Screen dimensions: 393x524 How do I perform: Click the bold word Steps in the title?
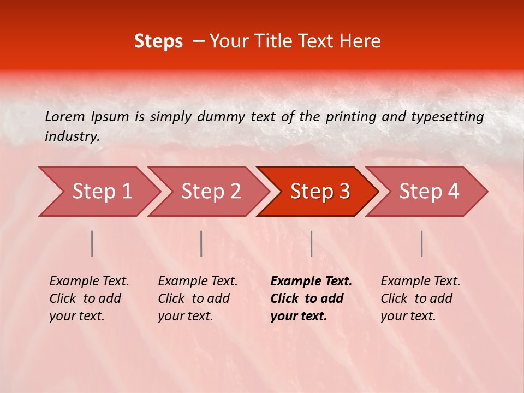[x=158, y=41]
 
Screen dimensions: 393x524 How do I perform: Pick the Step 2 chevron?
[x=210, y=192]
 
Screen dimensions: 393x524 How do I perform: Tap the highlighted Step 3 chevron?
[x=319, y=192]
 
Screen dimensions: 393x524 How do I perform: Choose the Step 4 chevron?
[x=428, y=192]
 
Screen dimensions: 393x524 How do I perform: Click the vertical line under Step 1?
[x=92, y=243]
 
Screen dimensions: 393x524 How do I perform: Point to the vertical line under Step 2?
[x=201, y=243]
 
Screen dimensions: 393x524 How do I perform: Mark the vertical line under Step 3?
[x=311, y=243]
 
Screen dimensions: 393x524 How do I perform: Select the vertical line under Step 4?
[x=421, y=243]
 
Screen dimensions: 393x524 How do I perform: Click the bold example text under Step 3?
[x=310, y=299]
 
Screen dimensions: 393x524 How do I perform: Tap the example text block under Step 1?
[x=88, y=299]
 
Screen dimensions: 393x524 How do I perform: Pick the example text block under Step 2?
[x=197, y=299]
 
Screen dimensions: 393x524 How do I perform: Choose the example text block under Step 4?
[x=420, y=299]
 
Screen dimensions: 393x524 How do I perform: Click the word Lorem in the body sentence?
[x=65, y=117]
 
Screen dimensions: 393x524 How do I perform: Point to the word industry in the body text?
[x=72, y=136]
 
